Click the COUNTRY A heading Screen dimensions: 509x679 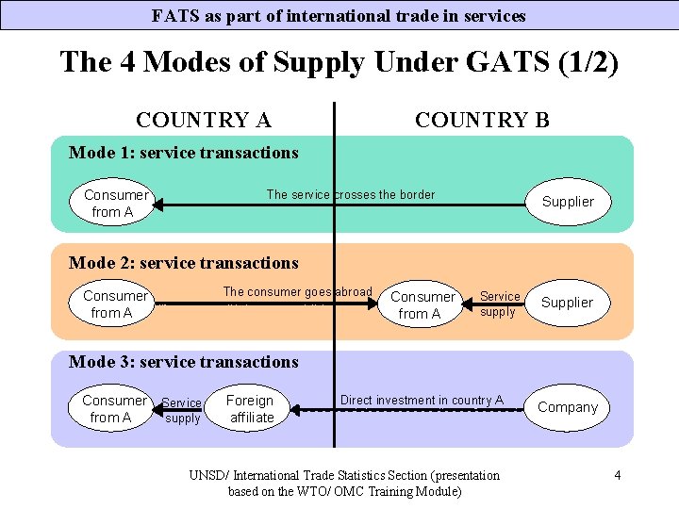pos(204,120)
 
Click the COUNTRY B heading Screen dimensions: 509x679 pos(482,120)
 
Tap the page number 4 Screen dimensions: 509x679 pos(617,475)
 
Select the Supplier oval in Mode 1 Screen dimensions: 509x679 pos(568,202)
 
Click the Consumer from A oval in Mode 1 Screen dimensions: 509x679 pos(114,204)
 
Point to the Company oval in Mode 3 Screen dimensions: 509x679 pos(568,407)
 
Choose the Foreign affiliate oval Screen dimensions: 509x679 pos(250,408)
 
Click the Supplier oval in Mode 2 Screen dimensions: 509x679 pos(567,303)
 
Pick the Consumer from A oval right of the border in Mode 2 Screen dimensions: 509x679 pos(422,304)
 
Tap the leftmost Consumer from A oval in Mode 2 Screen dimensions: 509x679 pos(114,304)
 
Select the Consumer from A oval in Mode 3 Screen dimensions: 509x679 pos(114,408)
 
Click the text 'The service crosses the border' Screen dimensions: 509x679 pos(351,195)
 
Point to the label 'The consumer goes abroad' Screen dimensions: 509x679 pos(297,292)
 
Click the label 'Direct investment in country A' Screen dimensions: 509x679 pos(422,400)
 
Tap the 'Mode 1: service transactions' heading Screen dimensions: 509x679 pos(184,153)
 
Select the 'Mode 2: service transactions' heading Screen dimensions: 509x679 pos(184,263)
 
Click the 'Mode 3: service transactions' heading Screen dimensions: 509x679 pos(184,362)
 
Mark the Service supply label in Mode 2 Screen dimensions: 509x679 pos(499,304)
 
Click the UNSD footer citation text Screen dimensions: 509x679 pos(344,483)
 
